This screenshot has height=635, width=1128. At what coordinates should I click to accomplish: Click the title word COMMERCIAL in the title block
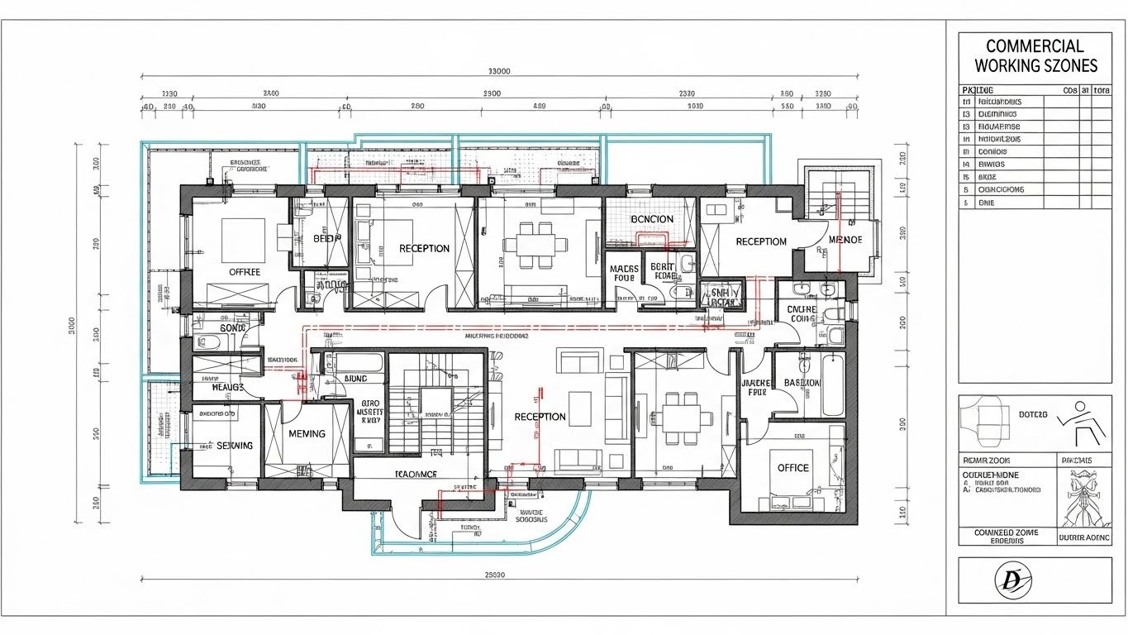coord(1035,45)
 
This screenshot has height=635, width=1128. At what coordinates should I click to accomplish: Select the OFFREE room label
coord(245,271)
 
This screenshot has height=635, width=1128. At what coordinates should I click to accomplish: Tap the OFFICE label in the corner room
coord(792,468)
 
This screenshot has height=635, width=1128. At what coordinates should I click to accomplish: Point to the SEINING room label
coord(234,445)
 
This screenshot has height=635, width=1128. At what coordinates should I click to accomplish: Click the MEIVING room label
coord(307,433)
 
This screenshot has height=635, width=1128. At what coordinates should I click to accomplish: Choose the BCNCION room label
coord(651,219)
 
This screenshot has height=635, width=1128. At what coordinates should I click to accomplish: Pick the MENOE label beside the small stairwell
coord(845,240)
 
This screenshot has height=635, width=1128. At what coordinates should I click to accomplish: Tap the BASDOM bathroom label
coord(802,383)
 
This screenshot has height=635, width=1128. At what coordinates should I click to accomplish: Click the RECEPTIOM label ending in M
coord(760,241)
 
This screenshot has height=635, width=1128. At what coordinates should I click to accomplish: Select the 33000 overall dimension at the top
coord(499,71)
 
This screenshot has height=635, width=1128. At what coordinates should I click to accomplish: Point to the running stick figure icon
coord(1082,422)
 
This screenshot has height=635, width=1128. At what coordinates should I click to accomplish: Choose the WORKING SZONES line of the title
coord(1035,65)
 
